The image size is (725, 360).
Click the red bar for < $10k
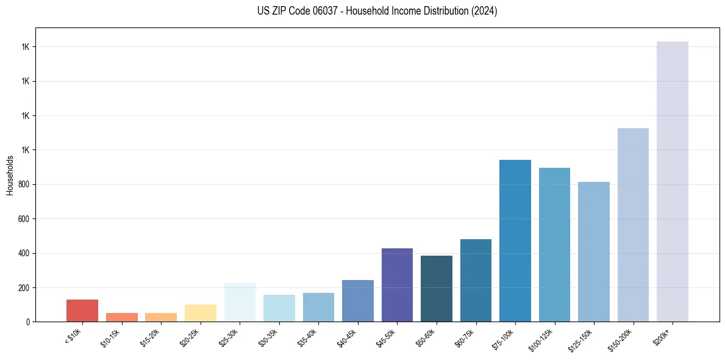click(x=82, y=311)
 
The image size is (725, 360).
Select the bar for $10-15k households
click(x=121, y=317)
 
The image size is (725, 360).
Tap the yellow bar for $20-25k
click(x=200, y=313)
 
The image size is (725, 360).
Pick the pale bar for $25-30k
click(x=240, y=302)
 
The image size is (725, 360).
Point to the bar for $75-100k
click(x=515, y=240)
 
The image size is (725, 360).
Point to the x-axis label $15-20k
click(x=151, y=337)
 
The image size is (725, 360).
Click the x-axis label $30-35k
click(x=269, y=337)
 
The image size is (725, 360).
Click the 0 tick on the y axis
click(x=27, y=322)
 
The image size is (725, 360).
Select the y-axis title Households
click(x=10, y=175)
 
